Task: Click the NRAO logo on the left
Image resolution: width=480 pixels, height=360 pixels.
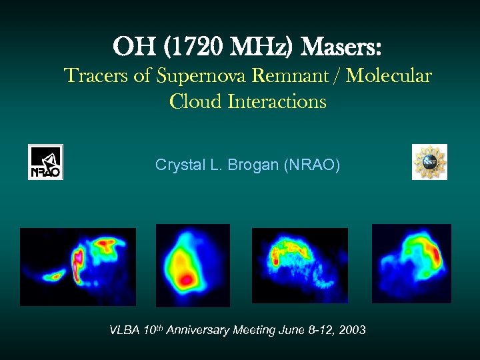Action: tap(45, 162)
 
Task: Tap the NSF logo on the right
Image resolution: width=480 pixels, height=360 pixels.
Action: tap(429, 162)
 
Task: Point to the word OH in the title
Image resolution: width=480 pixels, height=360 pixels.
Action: tap(131, 47)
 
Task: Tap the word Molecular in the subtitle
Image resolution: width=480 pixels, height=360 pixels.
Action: tap(389, 76)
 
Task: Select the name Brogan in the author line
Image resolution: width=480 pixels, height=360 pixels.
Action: tap(257, 164)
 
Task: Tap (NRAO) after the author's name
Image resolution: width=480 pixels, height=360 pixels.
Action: tap(312, 164)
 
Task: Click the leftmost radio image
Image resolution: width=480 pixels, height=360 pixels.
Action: tap(78, 267)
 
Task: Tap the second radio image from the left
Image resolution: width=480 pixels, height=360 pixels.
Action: tap(193, 265)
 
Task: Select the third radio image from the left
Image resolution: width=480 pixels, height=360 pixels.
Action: tap(300, 265)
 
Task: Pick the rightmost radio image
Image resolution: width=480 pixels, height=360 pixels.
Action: tap(411, 263)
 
